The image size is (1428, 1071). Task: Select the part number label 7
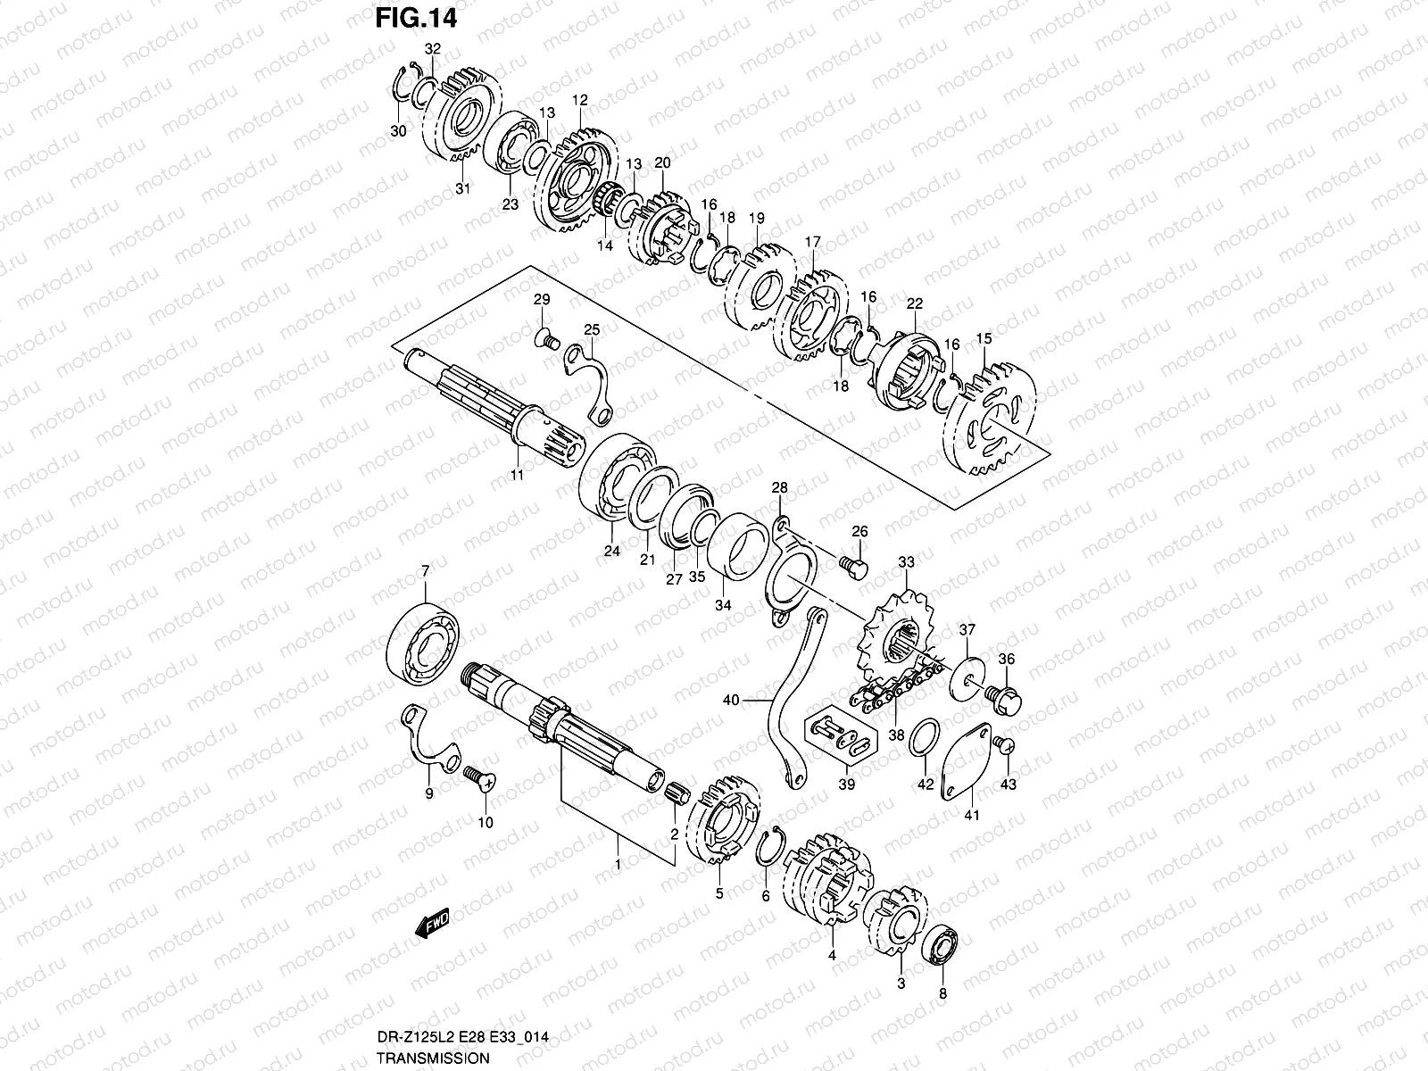pyautogui.click(x=425, y=570)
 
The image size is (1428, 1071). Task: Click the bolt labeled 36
pyautogui.click(x=1004, y=694)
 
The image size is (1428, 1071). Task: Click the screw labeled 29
pyautogui.click(x=546, y=339)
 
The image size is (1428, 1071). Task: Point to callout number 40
pyautogui.click(x=731, y=701)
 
